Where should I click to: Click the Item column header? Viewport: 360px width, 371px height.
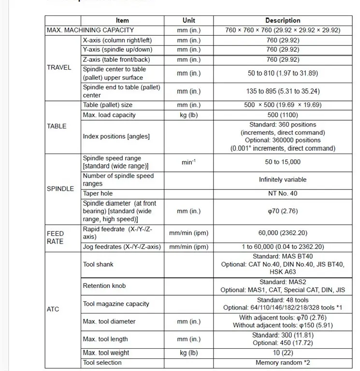click(122, 20)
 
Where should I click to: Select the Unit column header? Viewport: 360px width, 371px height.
click(188, 20)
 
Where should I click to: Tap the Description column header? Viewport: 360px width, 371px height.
click(283, 20)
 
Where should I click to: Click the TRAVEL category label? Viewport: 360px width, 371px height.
click(59, 68)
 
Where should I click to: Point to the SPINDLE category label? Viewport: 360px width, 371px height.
click(60, 188)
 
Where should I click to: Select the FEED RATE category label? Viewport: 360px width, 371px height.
click(55, 237)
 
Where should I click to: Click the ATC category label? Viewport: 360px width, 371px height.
click(53, 309)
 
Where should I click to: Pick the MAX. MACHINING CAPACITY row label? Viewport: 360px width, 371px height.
click(90, 30)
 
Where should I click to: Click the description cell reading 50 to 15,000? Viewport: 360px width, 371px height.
click(283, 162)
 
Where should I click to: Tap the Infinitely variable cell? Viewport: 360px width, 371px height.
click(283, 180)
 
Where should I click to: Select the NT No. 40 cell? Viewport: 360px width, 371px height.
click(283, 193)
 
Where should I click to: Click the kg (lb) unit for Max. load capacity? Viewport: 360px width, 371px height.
click(188, 115)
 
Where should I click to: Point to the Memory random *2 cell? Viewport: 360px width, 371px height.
click(283, 362)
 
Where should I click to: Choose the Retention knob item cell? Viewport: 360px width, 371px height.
click(104, 285)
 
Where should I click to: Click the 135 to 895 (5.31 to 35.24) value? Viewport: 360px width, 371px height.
click(283, 91)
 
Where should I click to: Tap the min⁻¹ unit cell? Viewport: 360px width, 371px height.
click(188, 162)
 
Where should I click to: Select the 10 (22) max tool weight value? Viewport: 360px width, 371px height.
click(283, 353)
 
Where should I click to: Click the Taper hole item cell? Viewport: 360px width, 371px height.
click(98, 193)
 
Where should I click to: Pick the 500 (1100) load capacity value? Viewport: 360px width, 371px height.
click(283, 115)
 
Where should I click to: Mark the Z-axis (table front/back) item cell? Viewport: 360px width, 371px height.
click(116, 59)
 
